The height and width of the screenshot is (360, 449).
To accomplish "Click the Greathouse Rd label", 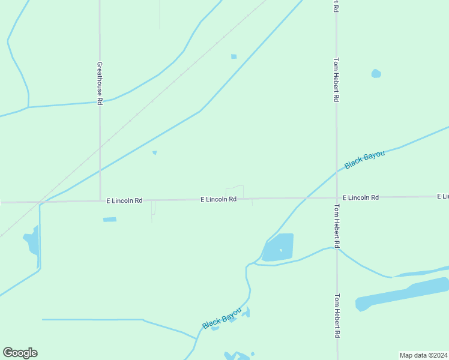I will tap(100, 83).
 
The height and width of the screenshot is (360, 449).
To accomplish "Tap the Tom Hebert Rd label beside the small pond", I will tap(337, 80).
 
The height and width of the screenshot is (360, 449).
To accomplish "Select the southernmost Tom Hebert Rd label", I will tap(337, 316).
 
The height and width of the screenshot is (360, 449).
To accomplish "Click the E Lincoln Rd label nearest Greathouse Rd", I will tap(124, 200).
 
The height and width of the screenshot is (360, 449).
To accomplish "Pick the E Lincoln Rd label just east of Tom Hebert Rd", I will tap(361, 197).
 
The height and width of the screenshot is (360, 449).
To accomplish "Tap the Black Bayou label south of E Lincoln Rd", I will tap(221, 318).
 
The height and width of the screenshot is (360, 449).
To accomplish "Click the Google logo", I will tap(20, 353).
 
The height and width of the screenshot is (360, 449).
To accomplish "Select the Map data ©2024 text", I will tap(424, 355).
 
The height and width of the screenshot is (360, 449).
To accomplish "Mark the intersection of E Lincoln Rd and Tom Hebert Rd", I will tap(337, 197).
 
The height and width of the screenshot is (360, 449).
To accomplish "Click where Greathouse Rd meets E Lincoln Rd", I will tap(100, 200).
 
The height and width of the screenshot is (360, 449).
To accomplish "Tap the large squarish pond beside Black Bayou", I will tap(279, 247).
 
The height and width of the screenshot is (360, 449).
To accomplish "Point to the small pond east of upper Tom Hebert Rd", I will tap(376, 74).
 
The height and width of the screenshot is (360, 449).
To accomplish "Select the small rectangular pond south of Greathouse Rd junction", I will tap(109, 220).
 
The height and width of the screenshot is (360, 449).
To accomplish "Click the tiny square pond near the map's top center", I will tap(234, 56).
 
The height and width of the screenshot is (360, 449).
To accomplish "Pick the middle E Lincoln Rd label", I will tap(218, 199).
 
